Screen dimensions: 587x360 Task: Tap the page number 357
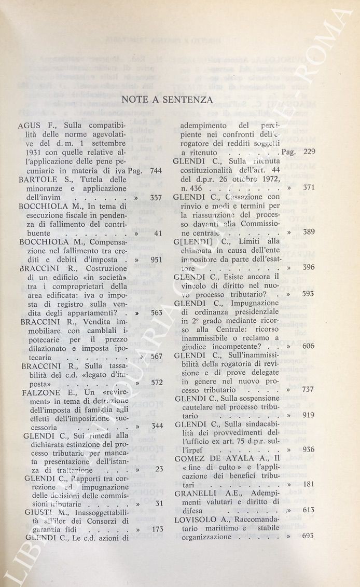click(155, 198)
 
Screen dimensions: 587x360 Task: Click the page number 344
click(155, 426)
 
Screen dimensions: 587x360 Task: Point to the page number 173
click(155, 529)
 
